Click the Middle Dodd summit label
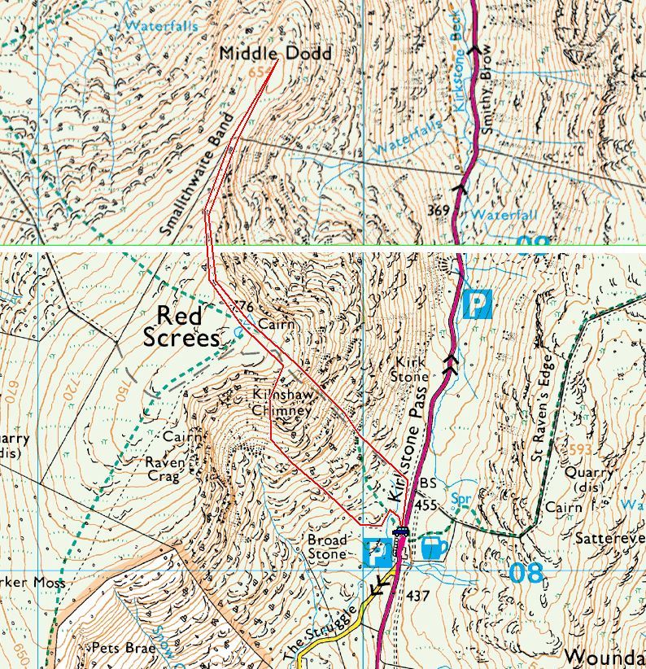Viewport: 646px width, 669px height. point(276,54)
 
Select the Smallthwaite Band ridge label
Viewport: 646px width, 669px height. point(191,186)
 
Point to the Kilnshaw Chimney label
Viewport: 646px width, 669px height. point(281,403)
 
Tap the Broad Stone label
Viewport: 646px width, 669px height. point(328,546)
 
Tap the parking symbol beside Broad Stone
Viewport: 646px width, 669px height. point(377,553)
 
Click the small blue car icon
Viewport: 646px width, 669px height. point(399,533)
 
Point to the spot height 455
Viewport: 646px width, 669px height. point(425,505)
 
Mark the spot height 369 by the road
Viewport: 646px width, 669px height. point(438,211)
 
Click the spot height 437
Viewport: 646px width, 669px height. point(417,596)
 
